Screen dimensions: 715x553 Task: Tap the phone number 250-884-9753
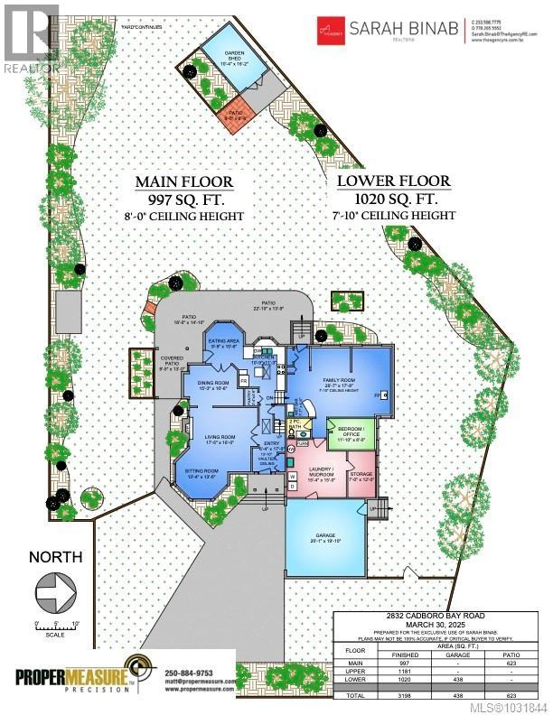200,673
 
